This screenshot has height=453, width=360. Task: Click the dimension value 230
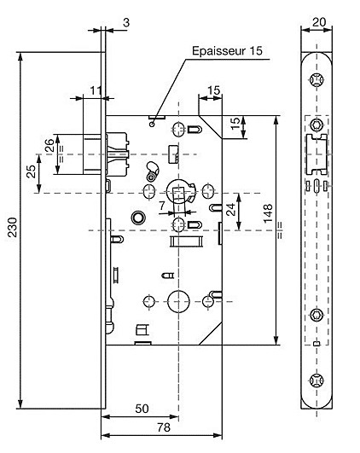13,227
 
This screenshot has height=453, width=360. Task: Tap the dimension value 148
268,213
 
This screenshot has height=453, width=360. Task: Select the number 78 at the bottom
164,427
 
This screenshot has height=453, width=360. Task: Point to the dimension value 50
142,409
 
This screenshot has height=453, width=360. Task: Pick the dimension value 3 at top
126,22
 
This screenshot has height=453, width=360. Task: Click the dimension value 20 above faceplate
319,22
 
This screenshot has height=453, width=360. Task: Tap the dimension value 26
49,145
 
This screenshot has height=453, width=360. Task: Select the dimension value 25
32,171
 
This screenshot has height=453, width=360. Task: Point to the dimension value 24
231,209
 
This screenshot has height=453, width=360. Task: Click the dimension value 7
162,206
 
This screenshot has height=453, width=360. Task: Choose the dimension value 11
96,90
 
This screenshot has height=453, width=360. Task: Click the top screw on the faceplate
316,79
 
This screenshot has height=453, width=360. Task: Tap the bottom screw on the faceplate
316,380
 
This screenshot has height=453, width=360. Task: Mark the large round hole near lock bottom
178,301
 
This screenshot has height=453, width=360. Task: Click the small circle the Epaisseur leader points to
152,125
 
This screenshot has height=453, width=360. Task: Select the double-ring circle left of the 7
138,218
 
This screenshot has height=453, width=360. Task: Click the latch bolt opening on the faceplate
316,154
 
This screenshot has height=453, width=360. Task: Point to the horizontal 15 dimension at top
214,90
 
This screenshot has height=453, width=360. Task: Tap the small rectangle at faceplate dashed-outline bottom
317,344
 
